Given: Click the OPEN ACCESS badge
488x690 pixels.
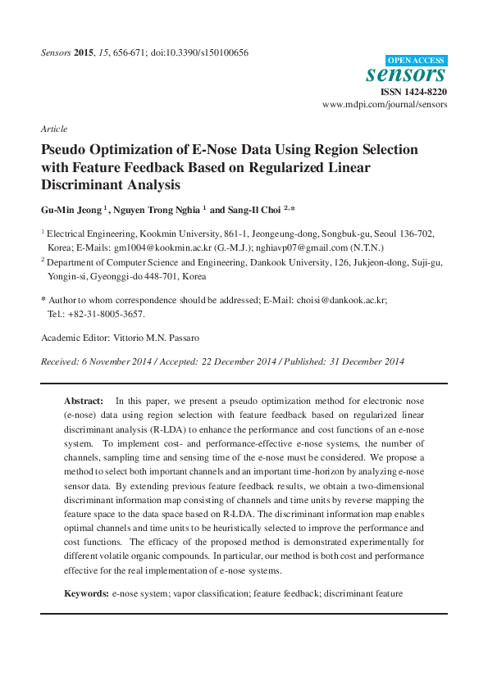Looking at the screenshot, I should tap(416, 60).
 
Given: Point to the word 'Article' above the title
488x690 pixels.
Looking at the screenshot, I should tap(53, 129).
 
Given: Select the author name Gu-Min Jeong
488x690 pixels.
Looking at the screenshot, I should tap(71, 209).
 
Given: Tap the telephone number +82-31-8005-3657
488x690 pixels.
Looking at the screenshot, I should tap(105, 314).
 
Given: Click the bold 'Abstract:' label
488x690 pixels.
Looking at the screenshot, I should tap(84, 401).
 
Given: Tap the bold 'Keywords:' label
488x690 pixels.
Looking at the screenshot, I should tap(87, 592).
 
